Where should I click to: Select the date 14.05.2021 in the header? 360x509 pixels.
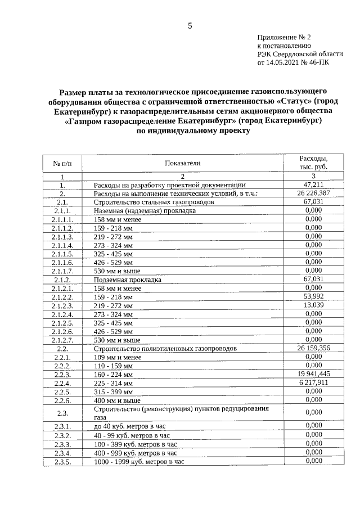(283, 63)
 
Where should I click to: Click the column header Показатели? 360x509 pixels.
(182, 163)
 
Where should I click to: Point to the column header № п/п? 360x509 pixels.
(62, 163)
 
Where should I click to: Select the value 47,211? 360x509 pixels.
(313, 184)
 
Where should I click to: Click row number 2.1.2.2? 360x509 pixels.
(62, 296)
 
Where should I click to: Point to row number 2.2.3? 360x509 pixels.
(62, 374)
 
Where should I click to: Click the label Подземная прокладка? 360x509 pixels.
(128, 280)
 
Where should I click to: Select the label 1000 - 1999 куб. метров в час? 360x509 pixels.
(139, 461)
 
